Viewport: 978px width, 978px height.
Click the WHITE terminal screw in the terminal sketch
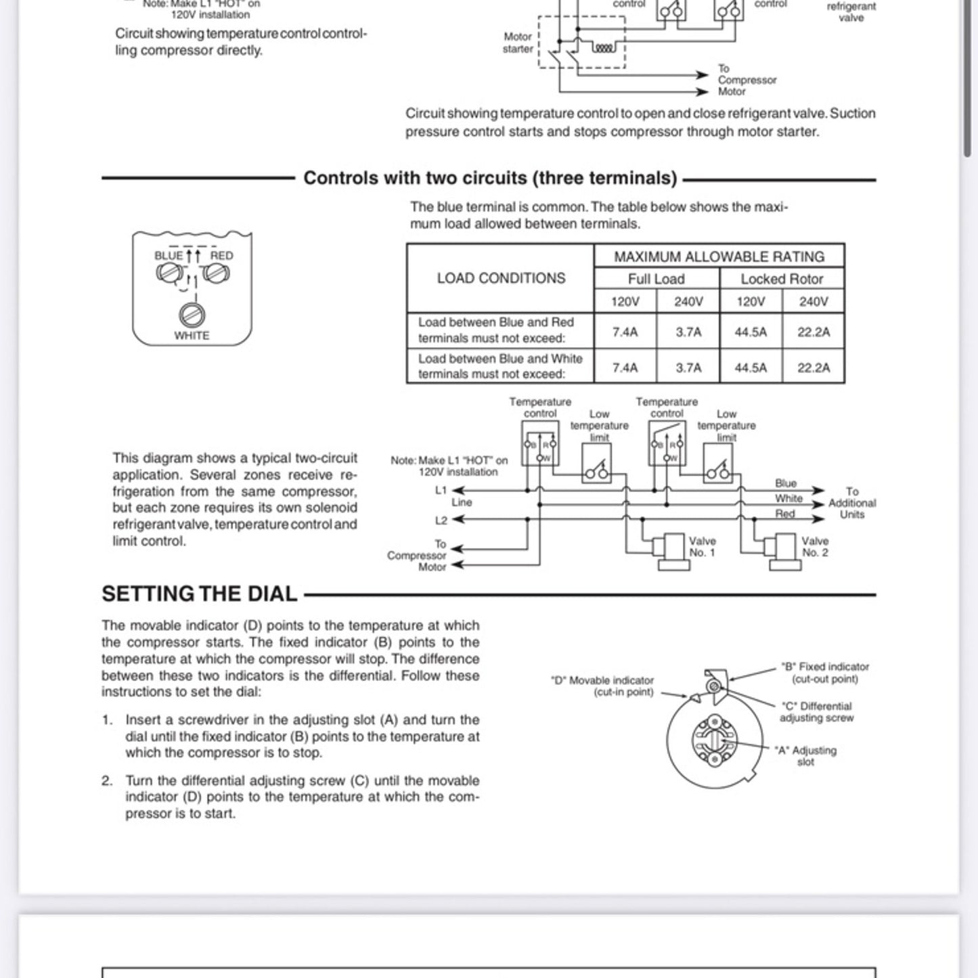(x=192, y=315)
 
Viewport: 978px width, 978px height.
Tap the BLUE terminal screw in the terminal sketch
(x=168, y=273)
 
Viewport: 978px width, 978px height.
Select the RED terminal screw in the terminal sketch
(x=217, y=273)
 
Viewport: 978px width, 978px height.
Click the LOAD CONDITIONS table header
(x=501, y=278)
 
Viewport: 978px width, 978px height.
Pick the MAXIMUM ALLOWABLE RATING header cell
(x=719, y=257)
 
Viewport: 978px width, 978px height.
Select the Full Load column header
(x=656, y=279)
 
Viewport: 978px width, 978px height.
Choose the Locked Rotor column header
(x=782, y=279)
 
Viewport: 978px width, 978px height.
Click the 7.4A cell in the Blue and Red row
(x=625, y=332)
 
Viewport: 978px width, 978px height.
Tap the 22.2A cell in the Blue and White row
(x=813, y=368)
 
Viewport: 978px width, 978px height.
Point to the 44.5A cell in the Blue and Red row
(x=751, y=332)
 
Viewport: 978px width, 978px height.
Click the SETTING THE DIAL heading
(x=200, y=594)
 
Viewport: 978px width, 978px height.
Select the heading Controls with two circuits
(x=490, y=178)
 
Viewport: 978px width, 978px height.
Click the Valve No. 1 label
(x=702, y=547)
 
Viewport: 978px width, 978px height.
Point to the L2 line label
(x=441, y=520)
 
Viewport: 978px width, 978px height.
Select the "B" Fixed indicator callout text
(x=824, y=673)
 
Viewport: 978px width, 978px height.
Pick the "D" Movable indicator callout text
(x=602, y=686)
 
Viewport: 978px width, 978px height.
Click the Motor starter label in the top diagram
(x=518, y=43)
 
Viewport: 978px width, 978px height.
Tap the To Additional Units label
(x=851, y=503)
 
